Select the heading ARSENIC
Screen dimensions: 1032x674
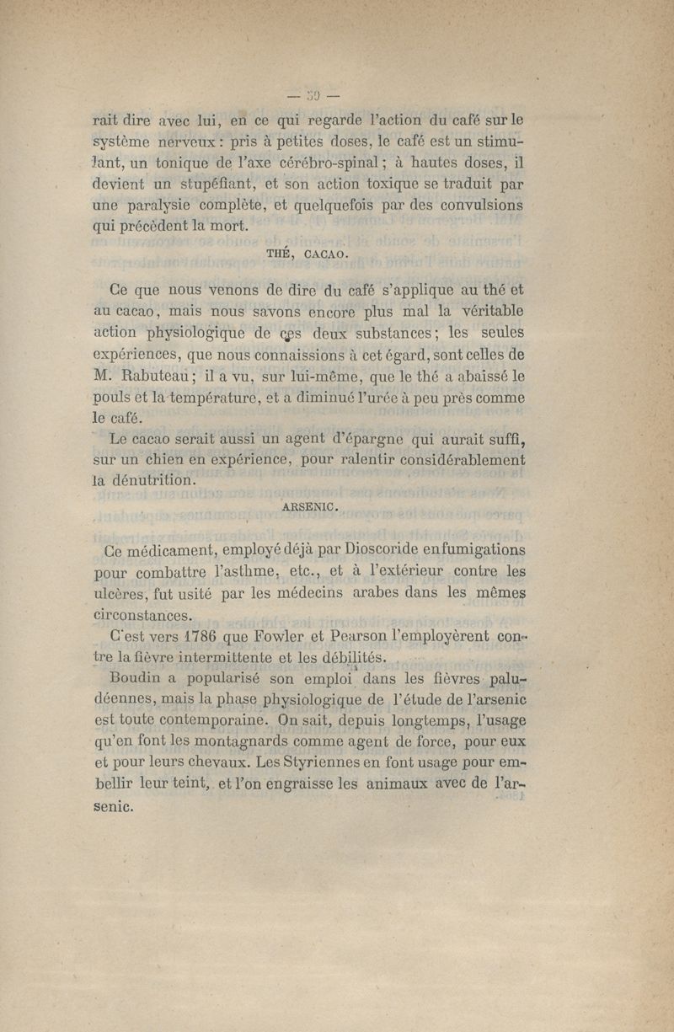311,506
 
